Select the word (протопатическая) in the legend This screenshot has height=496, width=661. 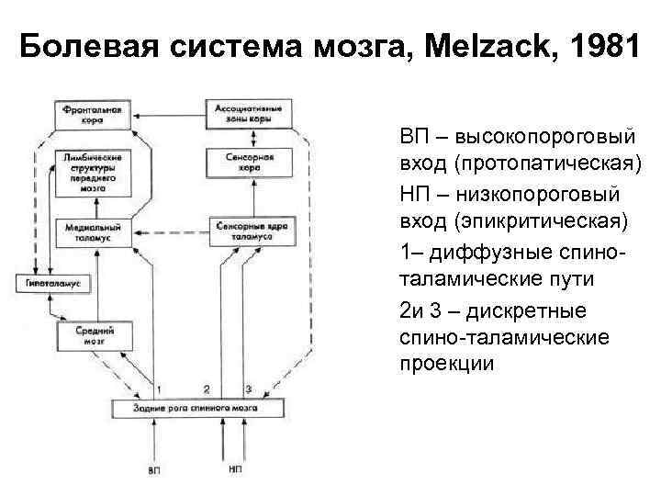(x=531, y=164)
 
